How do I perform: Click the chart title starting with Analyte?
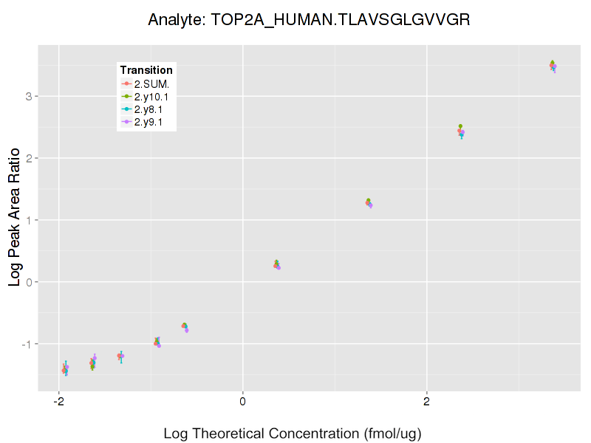(309, 19)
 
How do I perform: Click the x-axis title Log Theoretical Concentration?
(292, 433)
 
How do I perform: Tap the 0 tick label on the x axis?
(242, 401)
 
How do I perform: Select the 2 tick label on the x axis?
(426, 401)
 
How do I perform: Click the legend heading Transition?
(146, 70)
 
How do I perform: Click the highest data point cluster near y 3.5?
(553, 66)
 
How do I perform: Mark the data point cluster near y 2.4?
(461, 131)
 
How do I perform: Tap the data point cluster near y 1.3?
(369, 203)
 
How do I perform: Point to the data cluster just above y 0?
(276, 265)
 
